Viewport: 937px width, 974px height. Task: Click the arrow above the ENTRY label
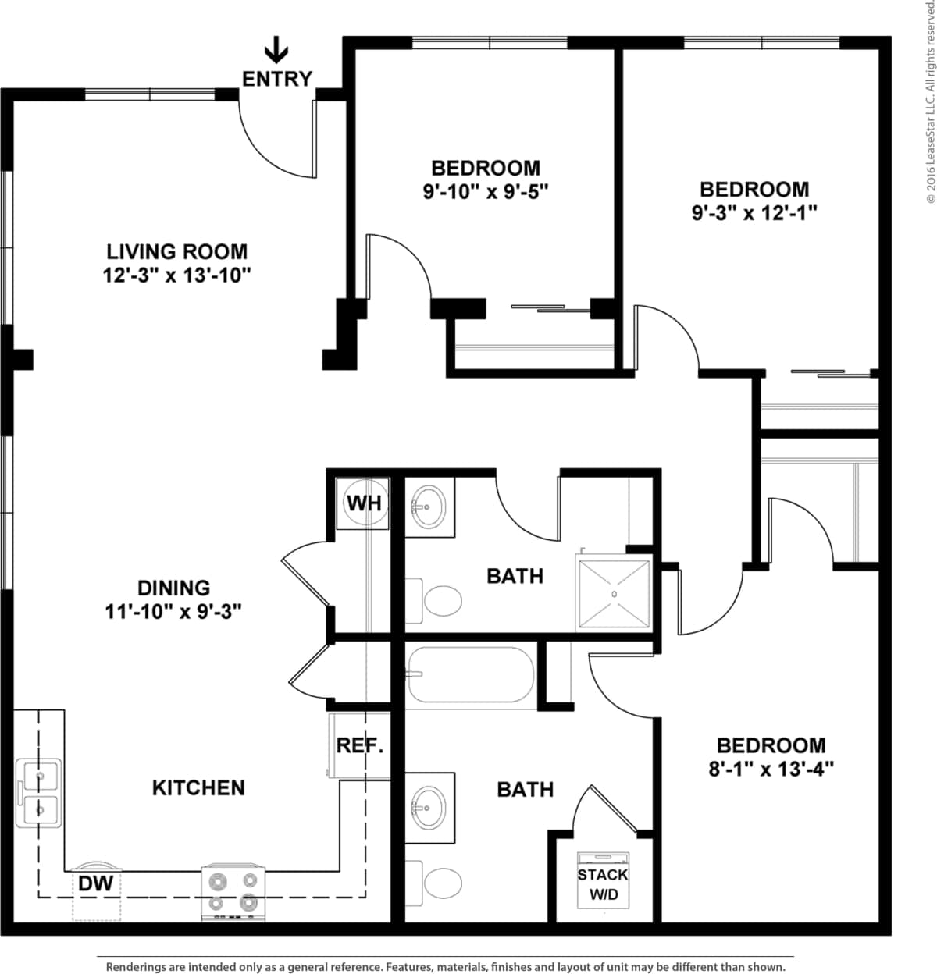pyautogui.click(x=276, y=51)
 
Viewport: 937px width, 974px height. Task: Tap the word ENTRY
pyautogui.click(x=277, y=79)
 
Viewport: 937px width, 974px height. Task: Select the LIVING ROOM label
pyautogui.click(x=176, y=252)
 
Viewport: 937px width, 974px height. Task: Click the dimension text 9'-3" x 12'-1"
pyautogui.click(x=754, y=213)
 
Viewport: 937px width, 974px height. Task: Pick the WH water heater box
pyautogui.click(x=364, y=503)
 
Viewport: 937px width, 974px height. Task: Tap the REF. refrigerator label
pyautogui.click(x=360, y=745)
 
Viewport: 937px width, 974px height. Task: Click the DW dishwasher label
pyautogui.click(x=95, y=884)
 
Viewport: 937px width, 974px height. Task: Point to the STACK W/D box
pyautogui.click(x=603, y=884)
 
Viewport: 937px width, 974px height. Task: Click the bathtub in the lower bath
pyautogui.click(x=470, y=676)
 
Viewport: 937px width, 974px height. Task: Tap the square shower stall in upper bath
pyautogui.click(x=614, y=594)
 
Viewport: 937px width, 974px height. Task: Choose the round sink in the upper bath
pyautogui.click(x=429, y=507)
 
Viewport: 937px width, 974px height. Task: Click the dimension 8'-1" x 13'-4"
pyautogui.click(x=771, y=770)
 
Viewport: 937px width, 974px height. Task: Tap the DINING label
pyautogui.click(x=173, y=588)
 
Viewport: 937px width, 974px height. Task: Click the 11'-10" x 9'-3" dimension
pyautogui.click(x=173, y=612)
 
